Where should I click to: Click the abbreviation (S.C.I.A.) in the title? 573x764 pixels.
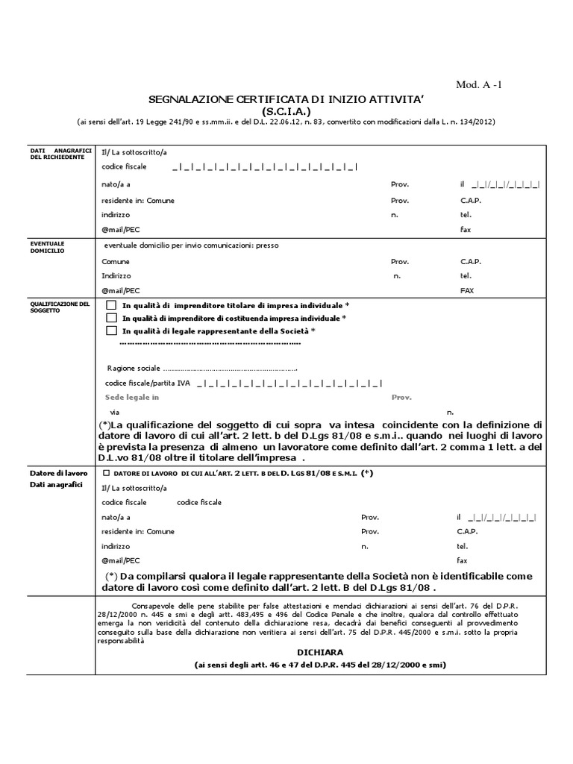coord(287,110)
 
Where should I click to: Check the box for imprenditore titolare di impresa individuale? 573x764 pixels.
coord(111,306)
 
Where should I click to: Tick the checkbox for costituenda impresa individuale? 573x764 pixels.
coord(111,319)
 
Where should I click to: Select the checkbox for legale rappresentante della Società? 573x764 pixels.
coord(111,331)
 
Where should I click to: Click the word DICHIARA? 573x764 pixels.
coord(288,651)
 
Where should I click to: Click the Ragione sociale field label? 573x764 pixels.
coord(134,369)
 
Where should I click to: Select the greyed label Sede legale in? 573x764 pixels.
coord(132,398)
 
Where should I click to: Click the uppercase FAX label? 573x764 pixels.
coord(467,291)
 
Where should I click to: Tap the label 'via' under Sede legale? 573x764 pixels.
coord(114,412)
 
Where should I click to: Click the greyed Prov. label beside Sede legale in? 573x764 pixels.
coord(401,398)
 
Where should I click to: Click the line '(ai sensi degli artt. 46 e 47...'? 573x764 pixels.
coord(287,665)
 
